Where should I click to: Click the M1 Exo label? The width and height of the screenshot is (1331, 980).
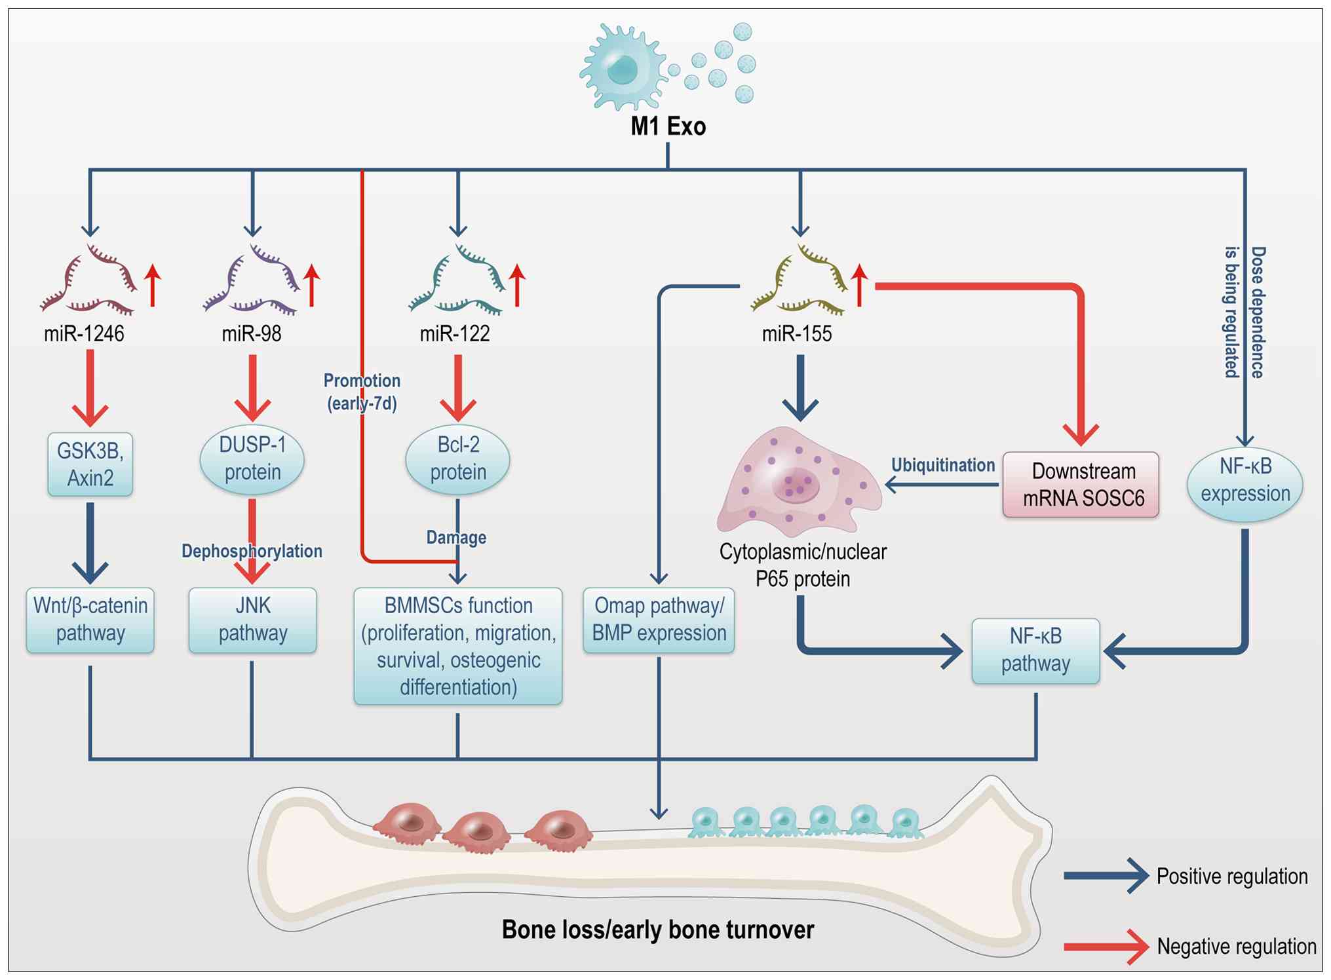668,126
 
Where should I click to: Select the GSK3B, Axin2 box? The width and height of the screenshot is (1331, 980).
90,464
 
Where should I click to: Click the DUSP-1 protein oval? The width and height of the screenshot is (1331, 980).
252,459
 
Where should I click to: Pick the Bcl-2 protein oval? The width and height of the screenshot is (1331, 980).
457,459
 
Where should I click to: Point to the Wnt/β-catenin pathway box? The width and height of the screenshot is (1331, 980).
90,620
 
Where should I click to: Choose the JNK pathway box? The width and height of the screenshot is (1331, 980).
252,620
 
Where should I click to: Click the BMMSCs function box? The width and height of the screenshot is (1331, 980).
457,646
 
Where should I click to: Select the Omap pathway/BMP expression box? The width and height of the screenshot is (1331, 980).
659,620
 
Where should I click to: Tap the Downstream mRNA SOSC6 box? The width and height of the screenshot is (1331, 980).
1081,485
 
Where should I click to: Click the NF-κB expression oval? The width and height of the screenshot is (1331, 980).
1244,481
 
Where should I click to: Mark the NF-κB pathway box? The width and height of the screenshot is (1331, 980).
1035,650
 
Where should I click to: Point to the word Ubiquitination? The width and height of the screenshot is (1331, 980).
942,465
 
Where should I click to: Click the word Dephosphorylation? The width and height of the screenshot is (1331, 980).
252,551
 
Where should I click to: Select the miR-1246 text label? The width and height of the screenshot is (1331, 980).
84,333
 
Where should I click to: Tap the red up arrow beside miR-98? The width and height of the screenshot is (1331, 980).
312,285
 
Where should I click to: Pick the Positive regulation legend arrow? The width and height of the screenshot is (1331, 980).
1106,876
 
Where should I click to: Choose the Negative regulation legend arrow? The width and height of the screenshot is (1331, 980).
1106,947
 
